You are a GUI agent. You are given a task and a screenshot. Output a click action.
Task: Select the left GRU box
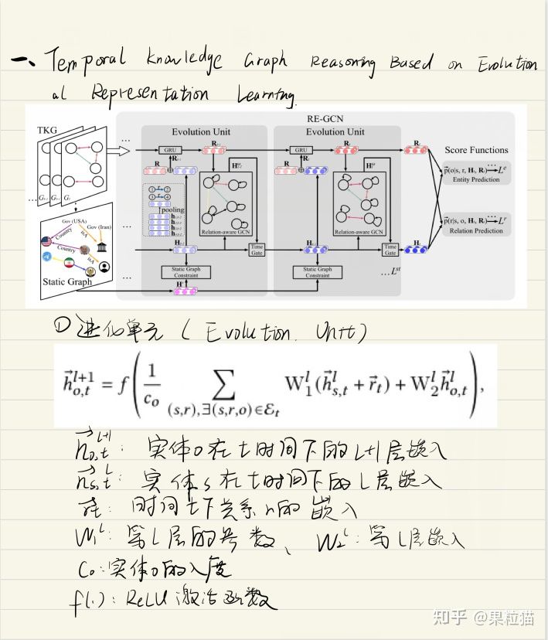[x=168, y=150]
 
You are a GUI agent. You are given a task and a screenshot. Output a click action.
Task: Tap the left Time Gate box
[x=257, y=249]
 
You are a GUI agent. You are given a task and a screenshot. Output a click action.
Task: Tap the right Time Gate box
[x=390, y=249]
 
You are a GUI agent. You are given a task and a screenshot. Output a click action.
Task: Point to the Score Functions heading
[x=476, y=149]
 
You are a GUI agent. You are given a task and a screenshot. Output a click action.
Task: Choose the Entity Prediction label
[x=476, y=179]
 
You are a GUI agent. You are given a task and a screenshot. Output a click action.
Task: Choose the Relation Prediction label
[x=476, y=230]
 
